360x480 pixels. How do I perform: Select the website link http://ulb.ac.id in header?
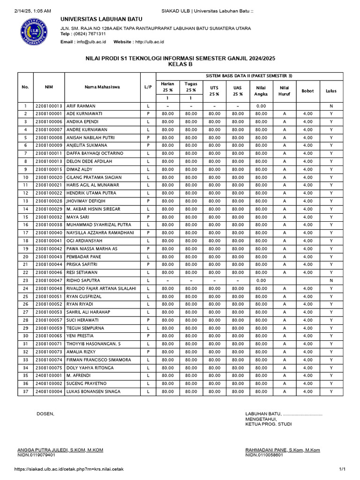(150, 42)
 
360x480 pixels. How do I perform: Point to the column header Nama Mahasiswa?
(102, 87)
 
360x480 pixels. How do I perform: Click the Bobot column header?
(307, 91)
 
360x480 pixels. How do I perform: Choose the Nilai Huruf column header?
(284, 90)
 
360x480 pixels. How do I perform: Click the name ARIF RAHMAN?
(81, 106)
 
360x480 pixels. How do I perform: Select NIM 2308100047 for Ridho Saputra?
(49, 280)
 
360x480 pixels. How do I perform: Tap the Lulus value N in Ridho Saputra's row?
(331, 280)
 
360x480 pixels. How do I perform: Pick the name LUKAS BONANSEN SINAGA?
(93, 391)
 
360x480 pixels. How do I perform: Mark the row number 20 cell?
(25, 257)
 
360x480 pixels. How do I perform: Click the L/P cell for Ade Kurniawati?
(148, 114)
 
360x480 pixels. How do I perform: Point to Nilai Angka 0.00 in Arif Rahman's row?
(261, 106)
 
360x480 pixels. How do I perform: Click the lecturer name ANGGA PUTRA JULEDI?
(60, 450)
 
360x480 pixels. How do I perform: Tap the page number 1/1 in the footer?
(342, 469)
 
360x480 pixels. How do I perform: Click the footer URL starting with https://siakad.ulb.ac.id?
(69, 469)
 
